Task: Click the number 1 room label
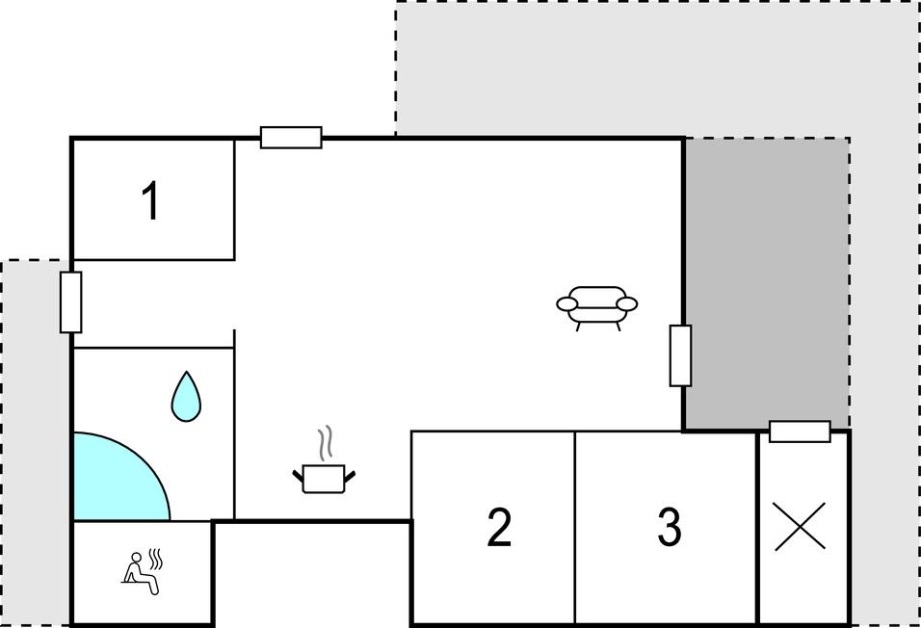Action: coord(152,200)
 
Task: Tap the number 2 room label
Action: coord(499,527)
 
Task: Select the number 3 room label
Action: coord(669,527)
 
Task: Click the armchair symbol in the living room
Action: coord(596,307)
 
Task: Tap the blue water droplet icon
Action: coord(186,396)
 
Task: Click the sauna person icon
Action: coord(142,573)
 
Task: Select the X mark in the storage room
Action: coord(800,526)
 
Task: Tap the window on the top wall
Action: coord(291,138)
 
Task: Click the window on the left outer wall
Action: coord(71,301)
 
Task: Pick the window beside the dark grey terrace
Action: coord(681,355)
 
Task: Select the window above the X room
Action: coord(800,432)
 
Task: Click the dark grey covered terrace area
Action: coord(767,283)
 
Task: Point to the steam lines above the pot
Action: coord(325,443)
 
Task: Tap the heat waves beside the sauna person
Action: coord(155,559)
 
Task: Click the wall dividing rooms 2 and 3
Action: coord(574,527)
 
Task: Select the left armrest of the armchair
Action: coord(567,303)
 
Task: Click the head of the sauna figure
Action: coord(136,557)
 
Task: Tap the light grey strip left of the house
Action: coord(36,442)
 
